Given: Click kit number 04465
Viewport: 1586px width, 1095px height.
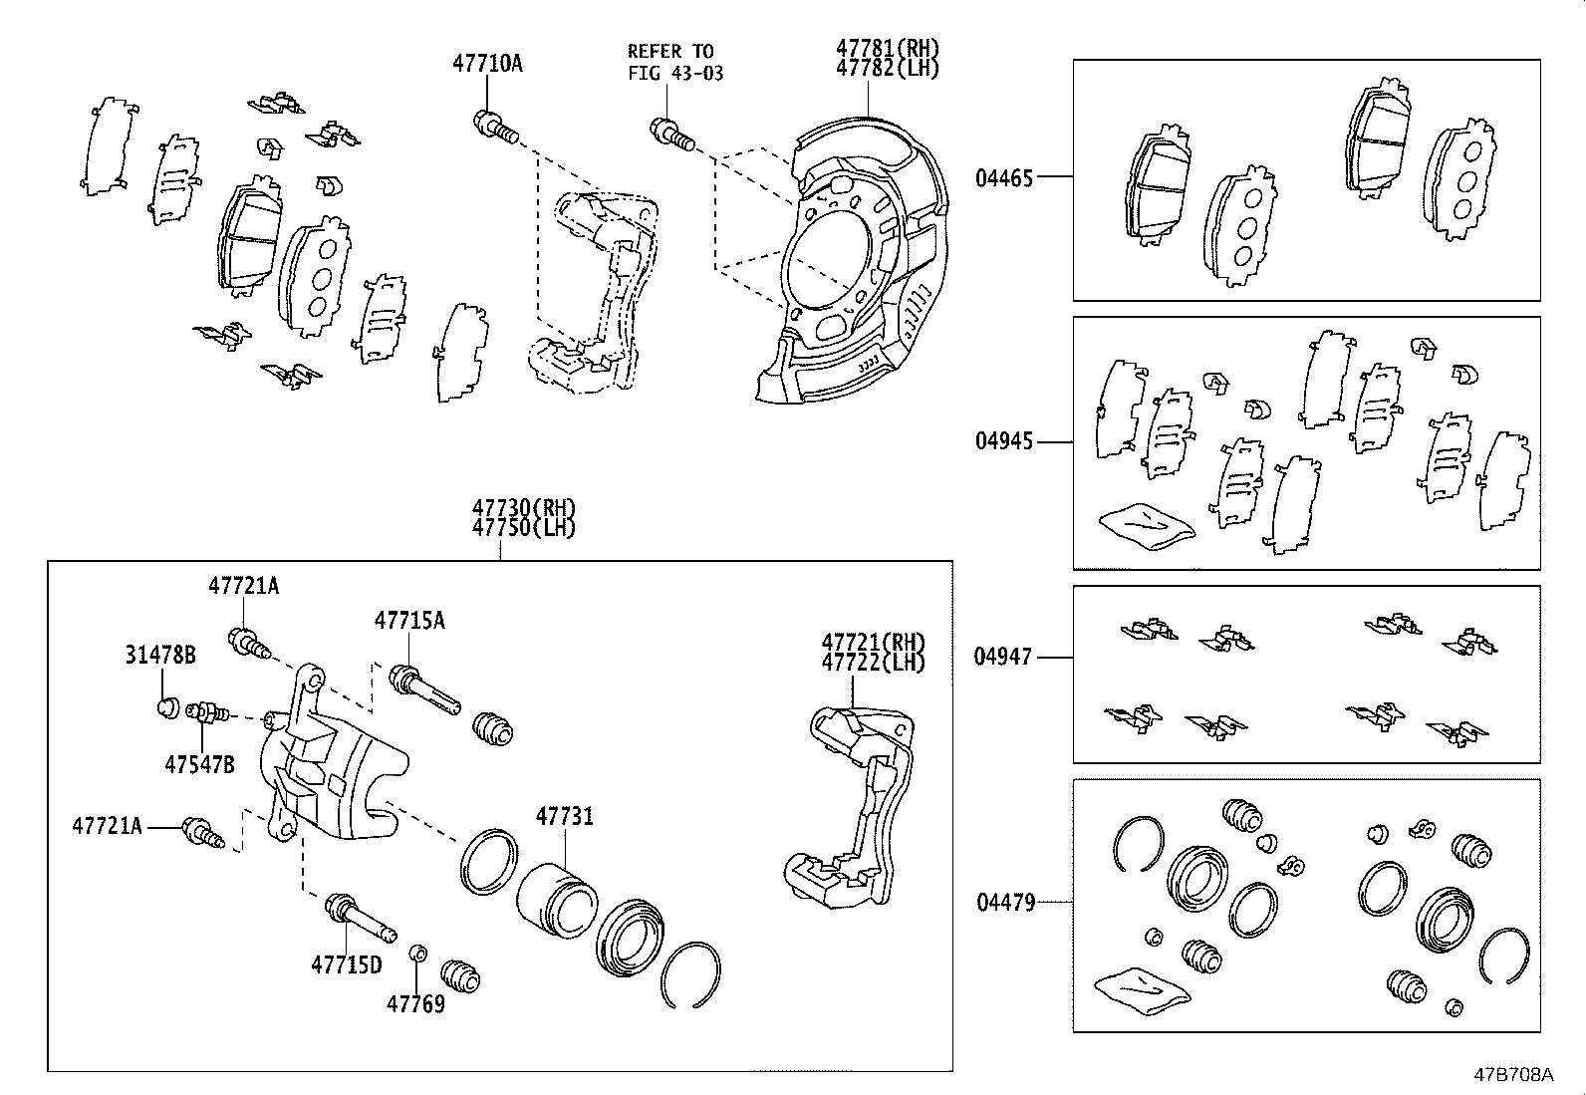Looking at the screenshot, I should [x=1004, y=178].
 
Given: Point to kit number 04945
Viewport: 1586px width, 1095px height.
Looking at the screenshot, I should [x=1004, y=441].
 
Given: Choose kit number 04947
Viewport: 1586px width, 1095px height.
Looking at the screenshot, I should [x=1004, y=657].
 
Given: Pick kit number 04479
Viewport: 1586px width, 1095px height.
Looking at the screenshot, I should [x=1004, y=903].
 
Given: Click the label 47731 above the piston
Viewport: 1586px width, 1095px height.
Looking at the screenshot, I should [x=564, y=817].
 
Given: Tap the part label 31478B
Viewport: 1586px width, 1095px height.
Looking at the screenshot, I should [x=159, y=655].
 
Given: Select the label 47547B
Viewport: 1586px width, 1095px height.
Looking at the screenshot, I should [x=199, y=765].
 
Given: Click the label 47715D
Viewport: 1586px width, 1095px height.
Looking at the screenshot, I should [x=346, y=964].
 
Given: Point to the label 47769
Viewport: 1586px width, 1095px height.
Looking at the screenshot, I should [x=415, y=1003].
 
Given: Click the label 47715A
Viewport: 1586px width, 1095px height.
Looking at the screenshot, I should [x=409, y=621].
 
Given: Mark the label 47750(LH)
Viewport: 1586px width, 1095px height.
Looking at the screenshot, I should [x=524, y=528].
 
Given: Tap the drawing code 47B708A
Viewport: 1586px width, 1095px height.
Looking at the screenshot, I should [x=1514, y=1075].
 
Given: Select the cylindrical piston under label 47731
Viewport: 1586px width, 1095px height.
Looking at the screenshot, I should [x=557, y=900].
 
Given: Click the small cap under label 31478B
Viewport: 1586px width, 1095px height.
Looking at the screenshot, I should [x=167, y=708].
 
